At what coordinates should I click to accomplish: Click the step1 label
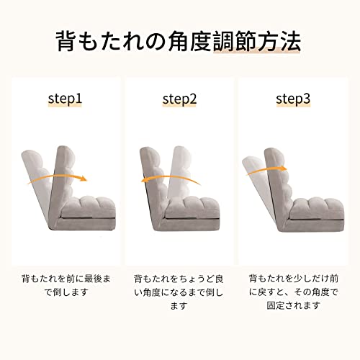(65, 99)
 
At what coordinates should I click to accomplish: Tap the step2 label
(179, 99)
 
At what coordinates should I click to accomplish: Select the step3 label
(293, 99)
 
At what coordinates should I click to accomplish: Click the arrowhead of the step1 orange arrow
(84, 179)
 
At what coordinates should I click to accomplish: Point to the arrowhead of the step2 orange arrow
(144, 180)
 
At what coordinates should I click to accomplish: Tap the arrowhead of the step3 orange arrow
(284, 168)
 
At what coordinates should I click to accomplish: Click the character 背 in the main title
(66, 41)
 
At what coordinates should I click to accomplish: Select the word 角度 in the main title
(189, 41)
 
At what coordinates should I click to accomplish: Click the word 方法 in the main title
(279, 41)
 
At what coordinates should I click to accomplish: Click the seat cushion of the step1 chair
(89, 207)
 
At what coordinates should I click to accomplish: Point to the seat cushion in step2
(193, 207)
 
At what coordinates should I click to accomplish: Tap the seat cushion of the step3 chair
(318, 208)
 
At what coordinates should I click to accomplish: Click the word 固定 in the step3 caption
(276, 305)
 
